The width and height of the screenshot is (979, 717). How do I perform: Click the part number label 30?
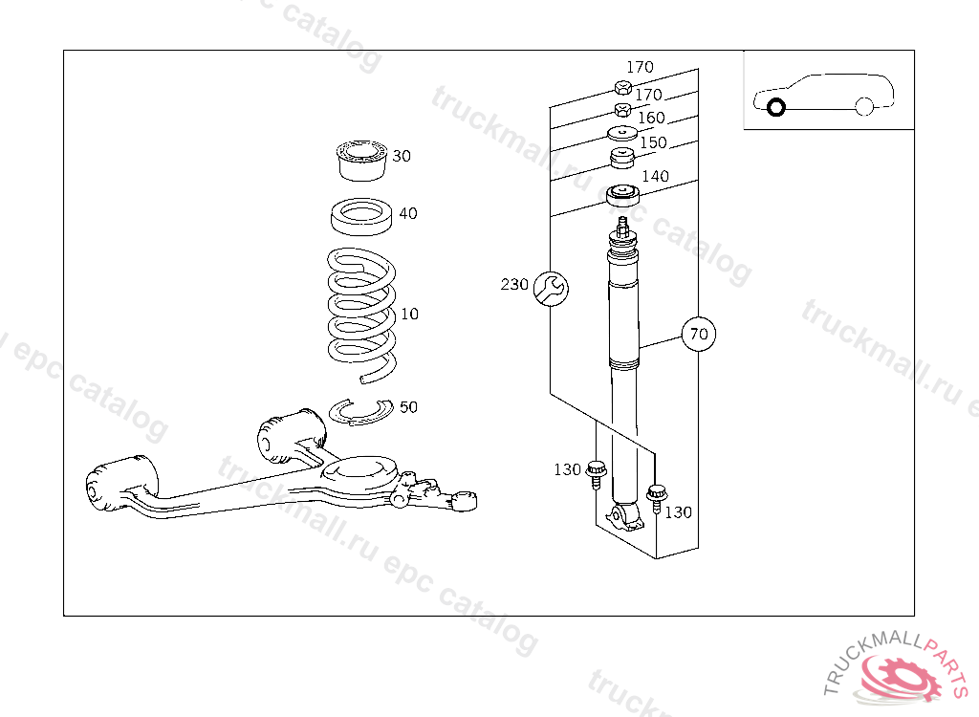(x=402, y=156)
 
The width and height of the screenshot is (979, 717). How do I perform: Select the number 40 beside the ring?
(x=408, y=213)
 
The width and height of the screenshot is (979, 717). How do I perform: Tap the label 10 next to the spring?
(x=409, y=314)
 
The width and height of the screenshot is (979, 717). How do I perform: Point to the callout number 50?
(x=408, y=407)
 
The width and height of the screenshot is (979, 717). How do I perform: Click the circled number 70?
(x=699, y=335)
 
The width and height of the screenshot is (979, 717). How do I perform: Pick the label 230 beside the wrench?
(x=514, y=284)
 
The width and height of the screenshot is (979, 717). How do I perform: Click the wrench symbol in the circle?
(x=550, y=288)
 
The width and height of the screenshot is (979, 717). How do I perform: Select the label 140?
(x=656, y=176)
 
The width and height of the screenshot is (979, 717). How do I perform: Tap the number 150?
(x=654, y=142)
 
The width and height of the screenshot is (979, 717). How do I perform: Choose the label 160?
(x=651, y=118)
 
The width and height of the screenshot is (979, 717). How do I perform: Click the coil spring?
(x=360, y=311)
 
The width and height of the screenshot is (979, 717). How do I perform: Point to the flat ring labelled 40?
(x=362, y=216)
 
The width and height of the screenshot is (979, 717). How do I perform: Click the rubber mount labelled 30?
(x=360, y=161)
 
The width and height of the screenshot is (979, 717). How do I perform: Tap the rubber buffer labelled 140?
(x=622, y=197)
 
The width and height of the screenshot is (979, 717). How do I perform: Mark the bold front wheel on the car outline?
(x=775, y=107)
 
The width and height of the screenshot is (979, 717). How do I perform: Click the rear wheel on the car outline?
(x=864, y=107)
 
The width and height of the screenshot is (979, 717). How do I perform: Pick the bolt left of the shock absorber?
(x=597, y=472)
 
